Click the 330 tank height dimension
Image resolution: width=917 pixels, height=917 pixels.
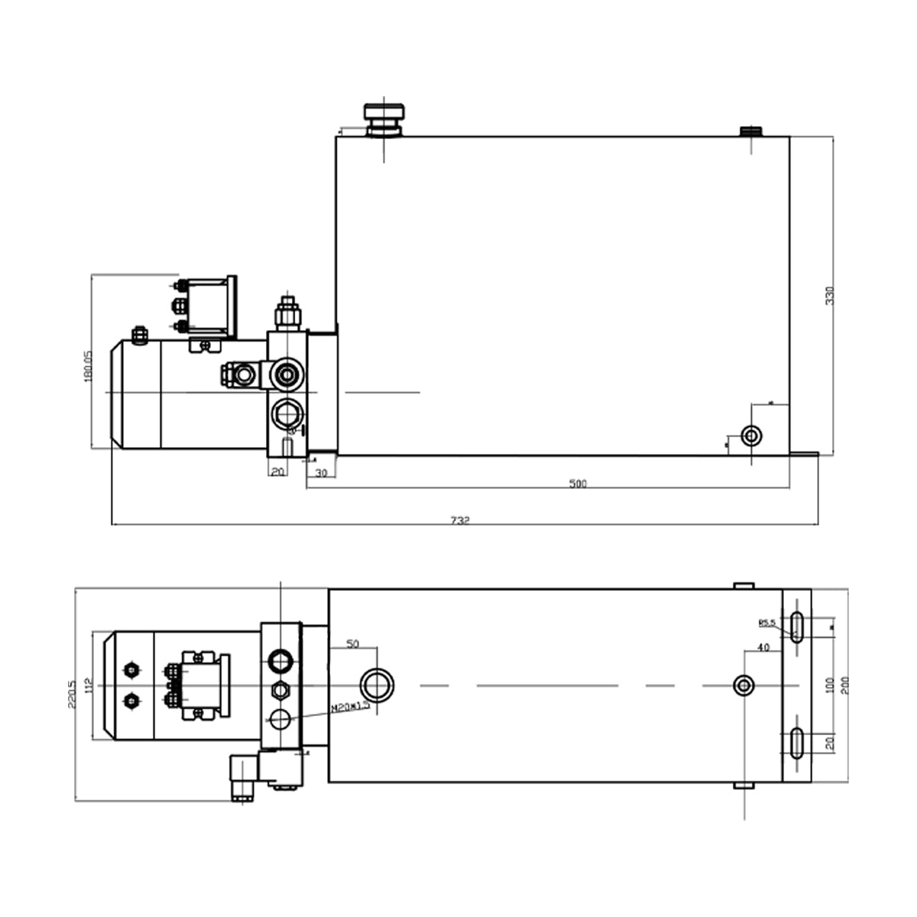(830, 295)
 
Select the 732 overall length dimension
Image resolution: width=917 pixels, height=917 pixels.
(459, 520)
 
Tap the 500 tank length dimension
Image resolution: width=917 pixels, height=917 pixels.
(578, 484)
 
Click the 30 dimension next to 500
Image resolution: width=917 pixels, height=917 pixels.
(321, 473)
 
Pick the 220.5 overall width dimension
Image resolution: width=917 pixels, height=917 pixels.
(72, 694)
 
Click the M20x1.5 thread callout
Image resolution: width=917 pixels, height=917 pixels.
(351, 708)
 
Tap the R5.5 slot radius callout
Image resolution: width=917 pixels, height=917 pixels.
(766, 623)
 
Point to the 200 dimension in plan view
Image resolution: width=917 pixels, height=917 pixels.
(844, 685)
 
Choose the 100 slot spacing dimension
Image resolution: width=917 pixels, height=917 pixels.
(830, 685)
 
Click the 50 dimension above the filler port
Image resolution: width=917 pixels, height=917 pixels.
(352, 644)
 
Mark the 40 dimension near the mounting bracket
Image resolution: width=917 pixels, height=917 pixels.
(762, 647)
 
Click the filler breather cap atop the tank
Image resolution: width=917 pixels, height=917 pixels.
(384, 118)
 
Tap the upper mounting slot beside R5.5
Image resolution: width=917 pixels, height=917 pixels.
(797, 627)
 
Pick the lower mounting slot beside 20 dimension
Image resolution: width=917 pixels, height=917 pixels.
(797, 743)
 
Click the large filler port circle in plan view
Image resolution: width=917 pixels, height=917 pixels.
(377, 684)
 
